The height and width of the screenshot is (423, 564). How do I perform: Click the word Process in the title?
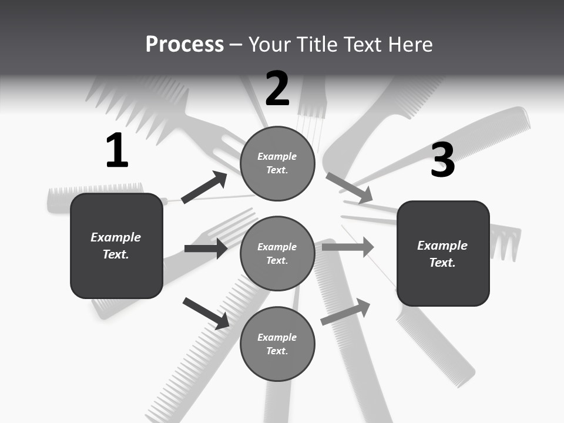pyautogui.click(x=184, y=45)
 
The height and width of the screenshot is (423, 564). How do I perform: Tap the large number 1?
pyautogui.click(x=117, y=151)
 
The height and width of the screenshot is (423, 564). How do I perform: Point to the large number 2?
pyautogui.click(x=277, y=89)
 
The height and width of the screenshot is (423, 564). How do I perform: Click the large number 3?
pyautogui.click(x=442, y=160)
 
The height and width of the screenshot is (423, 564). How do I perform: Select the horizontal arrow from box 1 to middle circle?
pyautogui.click(x=206, y=249)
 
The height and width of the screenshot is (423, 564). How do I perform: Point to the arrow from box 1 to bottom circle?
pyautogui.click(x=206, y=313)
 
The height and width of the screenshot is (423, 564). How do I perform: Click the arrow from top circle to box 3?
pyautogui.click(x=349, y=188)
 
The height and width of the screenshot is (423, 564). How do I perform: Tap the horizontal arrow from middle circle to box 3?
pyautogui.click(x=348, y=247)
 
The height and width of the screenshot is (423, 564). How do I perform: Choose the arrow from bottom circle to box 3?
pyautogui.click(x=345, y=312)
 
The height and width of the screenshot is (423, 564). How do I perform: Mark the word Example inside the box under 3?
pyautogui.click(x=442, y=246)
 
